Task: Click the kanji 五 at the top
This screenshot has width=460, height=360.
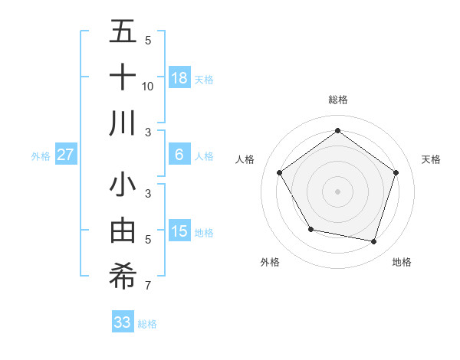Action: [123, 31]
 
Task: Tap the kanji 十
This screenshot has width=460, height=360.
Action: [123, 77]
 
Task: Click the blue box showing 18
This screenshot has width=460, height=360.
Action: [179, 77]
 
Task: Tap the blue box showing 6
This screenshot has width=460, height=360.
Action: [179, 155]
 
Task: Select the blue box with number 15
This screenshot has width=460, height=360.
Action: [179, 231]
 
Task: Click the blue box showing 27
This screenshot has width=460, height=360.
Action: [66, 155]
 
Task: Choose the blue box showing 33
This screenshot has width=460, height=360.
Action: [123, 322]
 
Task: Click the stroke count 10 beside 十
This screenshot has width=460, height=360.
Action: [147, 86]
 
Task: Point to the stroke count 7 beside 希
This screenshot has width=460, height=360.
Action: [147, 286]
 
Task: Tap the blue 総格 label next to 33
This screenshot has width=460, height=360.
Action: [147, 323]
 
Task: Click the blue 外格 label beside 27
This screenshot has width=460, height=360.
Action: [41, 156]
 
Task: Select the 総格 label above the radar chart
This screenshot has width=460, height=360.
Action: [337, 100]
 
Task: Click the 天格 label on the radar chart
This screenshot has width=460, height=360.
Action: [431, 159]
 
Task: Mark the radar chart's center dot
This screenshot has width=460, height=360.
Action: [337, 191]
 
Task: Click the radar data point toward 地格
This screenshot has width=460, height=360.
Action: [374, 241]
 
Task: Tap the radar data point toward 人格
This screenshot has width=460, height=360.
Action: [280, 172]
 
